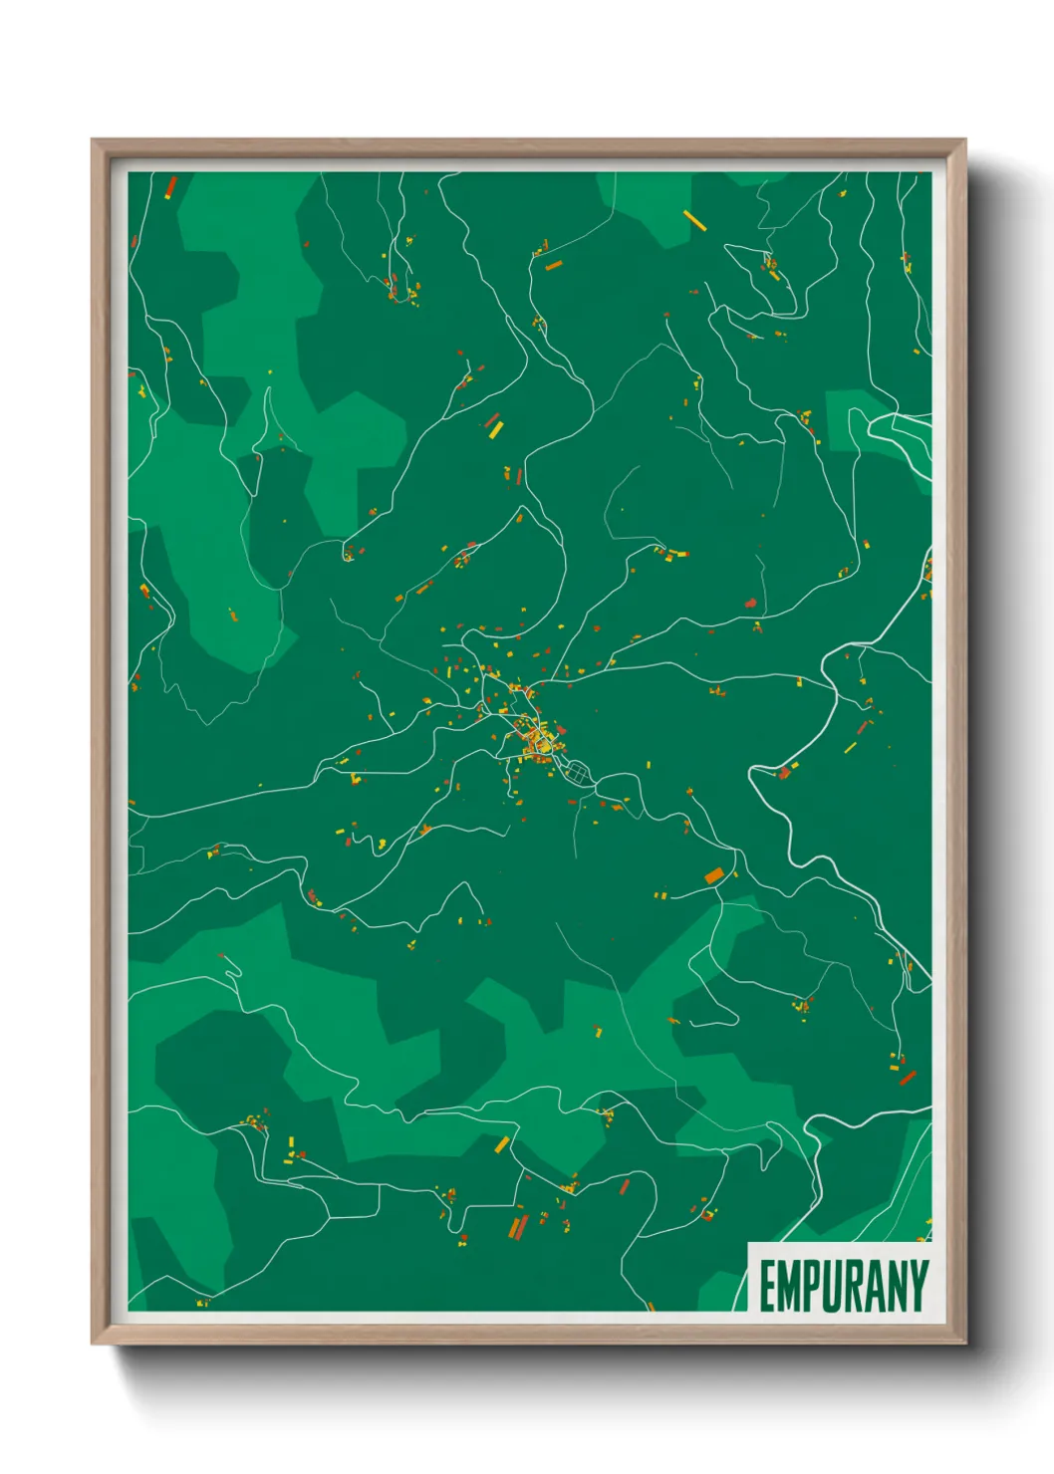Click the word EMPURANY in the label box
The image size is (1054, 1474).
[844, 1286]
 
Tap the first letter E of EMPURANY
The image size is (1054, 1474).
[768, 1286]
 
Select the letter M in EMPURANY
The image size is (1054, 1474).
[789, 1286]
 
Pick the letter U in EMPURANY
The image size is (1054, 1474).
[833, 1286]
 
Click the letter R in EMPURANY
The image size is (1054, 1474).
[855, 1286]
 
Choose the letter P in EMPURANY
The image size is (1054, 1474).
[812, 1286]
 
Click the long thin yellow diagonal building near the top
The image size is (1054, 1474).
[694, 219]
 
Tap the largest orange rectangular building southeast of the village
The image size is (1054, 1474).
[714, 875]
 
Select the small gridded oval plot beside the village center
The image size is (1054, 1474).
[579, 770]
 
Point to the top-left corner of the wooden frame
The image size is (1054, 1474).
[93, 140]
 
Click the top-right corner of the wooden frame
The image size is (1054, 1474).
[964, 140]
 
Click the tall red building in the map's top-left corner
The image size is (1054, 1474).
[170, 187]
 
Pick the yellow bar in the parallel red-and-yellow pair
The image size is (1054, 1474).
[496, 429]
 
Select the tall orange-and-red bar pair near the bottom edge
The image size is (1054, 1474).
[518, 1226]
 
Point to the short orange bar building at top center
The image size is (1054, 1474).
[553, 265]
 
